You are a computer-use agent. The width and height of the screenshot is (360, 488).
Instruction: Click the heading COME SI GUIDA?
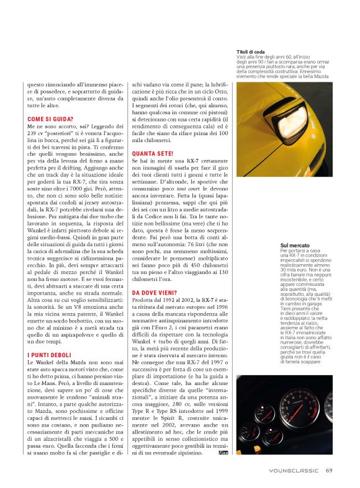click(50, 118)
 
